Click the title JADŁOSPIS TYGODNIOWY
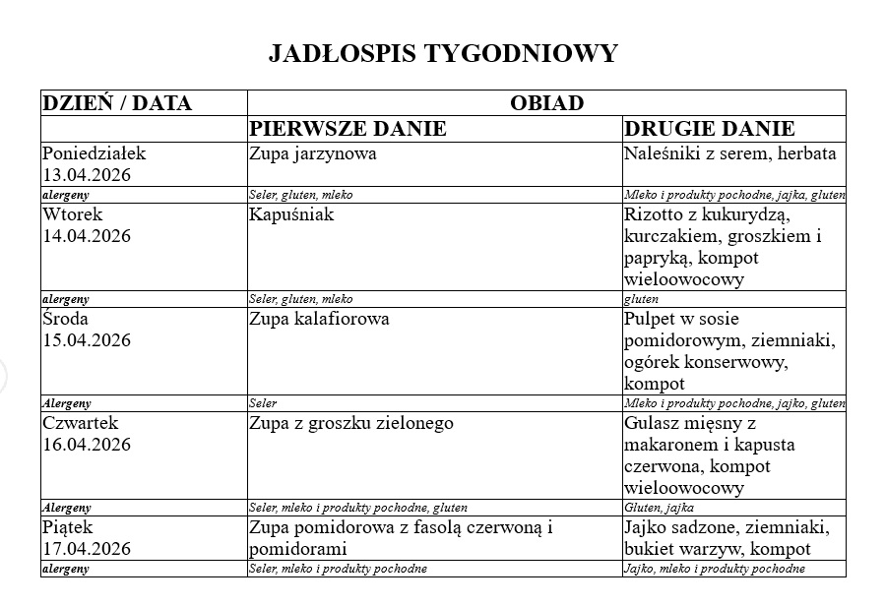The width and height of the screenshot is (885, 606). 442,53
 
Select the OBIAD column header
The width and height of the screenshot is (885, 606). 546,103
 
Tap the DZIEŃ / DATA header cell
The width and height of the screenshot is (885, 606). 117,103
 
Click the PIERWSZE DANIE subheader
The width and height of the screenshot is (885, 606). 348,129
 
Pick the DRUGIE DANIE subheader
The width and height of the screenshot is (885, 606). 710,129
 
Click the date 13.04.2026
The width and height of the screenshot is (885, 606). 87,175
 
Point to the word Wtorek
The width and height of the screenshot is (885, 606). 73,214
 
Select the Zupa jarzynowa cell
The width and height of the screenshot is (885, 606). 313,153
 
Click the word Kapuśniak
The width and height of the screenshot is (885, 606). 291,214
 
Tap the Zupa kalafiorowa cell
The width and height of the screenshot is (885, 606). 319,319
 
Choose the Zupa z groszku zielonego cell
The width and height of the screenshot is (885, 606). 351,423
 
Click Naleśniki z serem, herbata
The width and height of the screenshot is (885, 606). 729,153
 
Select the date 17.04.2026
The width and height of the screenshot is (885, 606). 87,549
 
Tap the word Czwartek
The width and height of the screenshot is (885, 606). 80,423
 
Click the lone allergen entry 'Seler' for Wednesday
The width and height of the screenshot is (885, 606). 263,403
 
